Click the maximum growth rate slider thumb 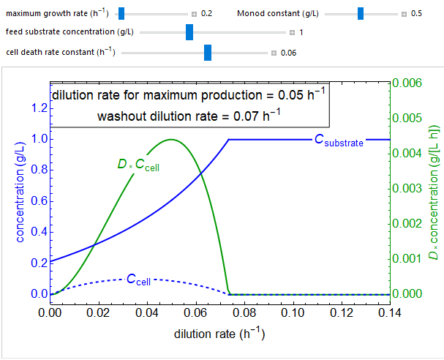[x=121, y=13]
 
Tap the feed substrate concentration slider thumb [x=189, y=32]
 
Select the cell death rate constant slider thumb [x=208, y=52]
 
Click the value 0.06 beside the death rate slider [x=289, y=53]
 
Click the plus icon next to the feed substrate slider [x=292, y=33]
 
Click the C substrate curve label [x=339, y=141]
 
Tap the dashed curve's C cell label [x=140, y=279]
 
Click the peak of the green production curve [x=171, y=139]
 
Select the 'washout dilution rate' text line [x=189, y=115]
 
